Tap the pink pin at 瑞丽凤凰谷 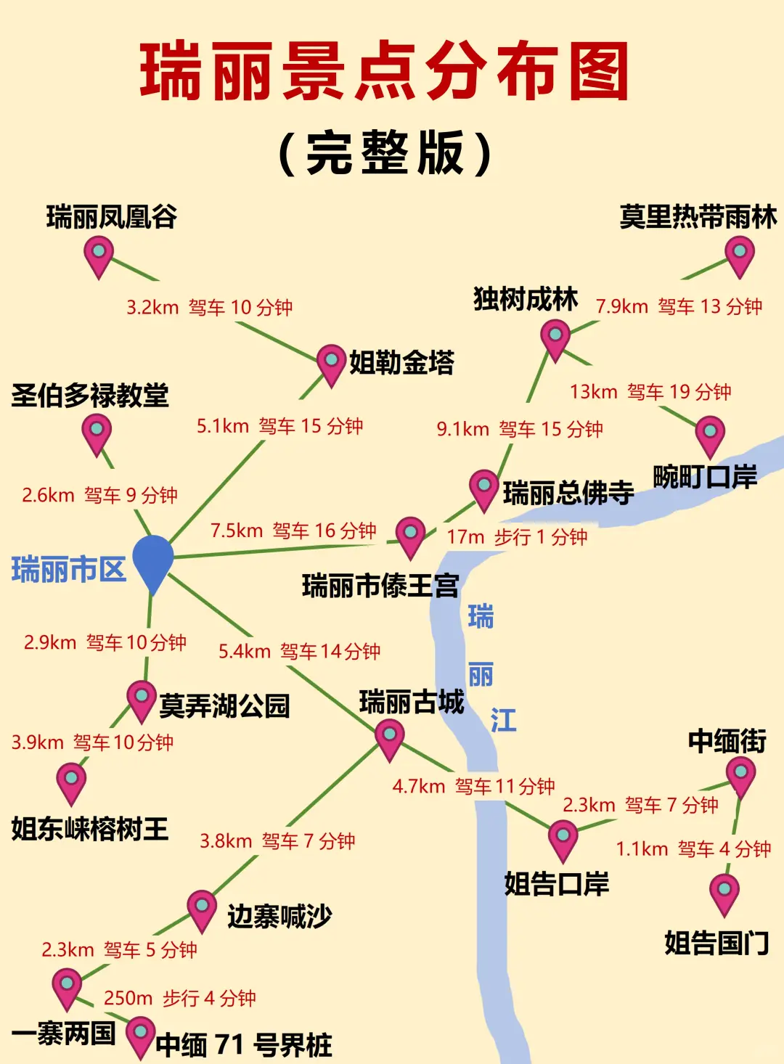[x=99, y=256]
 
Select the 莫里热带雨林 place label [x=698, y=217]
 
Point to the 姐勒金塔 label [x=401, y=361]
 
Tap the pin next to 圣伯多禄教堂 [x=97, y=433]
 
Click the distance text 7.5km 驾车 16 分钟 [x=293, y=531]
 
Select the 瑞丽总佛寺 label [x=568, y=493]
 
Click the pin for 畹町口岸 [x=710, y=435]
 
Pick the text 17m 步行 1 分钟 [x=517, y=537]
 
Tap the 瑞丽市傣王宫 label [x=380, y=585]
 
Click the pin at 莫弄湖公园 [x=142, y=699]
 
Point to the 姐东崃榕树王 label [x=90, y=829]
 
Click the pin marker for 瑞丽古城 [x=390, y=739]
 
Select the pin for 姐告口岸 [x=563, y=839]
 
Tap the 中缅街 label [x=727, y=741]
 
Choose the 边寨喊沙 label [x=279, y=916]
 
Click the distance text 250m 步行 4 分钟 [x=179, y=999]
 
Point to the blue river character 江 [x=503, y=721]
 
